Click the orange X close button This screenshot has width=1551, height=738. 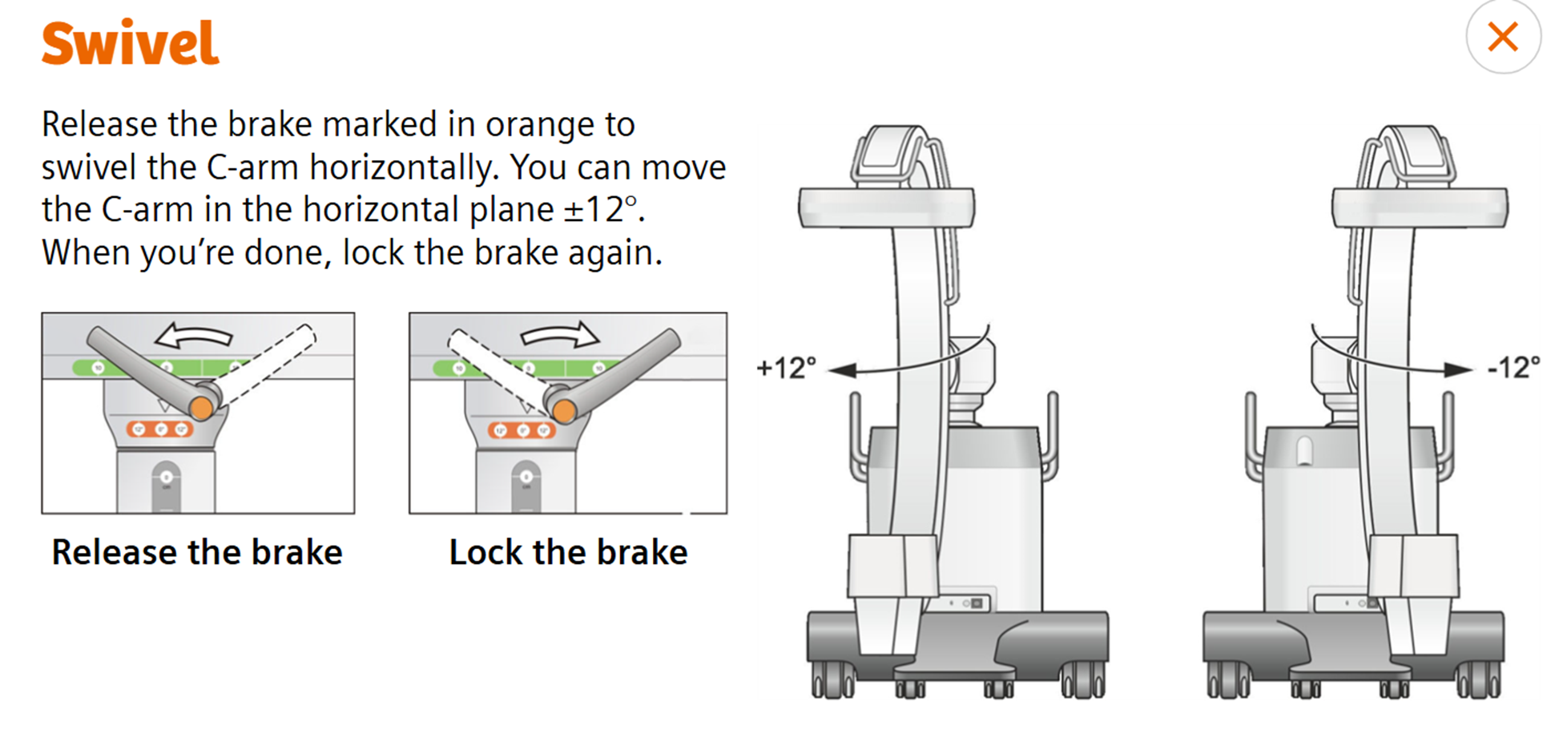pos(1502,37)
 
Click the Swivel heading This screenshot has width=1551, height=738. pos(130,43)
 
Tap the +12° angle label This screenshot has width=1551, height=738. pos(786,368)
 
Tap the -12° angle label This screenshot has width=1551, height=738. pos(1513,368)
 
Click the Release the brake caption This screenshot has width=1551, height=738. pos(197,552)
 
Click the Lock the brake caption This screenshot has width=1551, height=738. pos(568,552)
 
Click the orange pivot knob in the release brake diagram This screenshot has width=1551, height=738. pos(201,409)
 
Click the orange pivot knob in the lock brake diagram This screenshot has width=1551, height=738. pos(564,411)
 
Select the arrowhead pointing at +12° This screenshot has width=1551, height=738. pos(843,370)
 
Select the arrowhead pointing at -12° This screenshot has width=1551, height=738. pos(1458,370)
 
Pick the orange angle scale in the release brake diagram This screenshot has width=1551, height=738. pos(160,430)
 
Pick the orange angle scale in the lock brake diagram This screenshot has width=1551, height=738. pos(522,431)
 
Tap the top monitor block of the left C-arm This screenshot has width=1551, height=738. pos(886,208)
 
